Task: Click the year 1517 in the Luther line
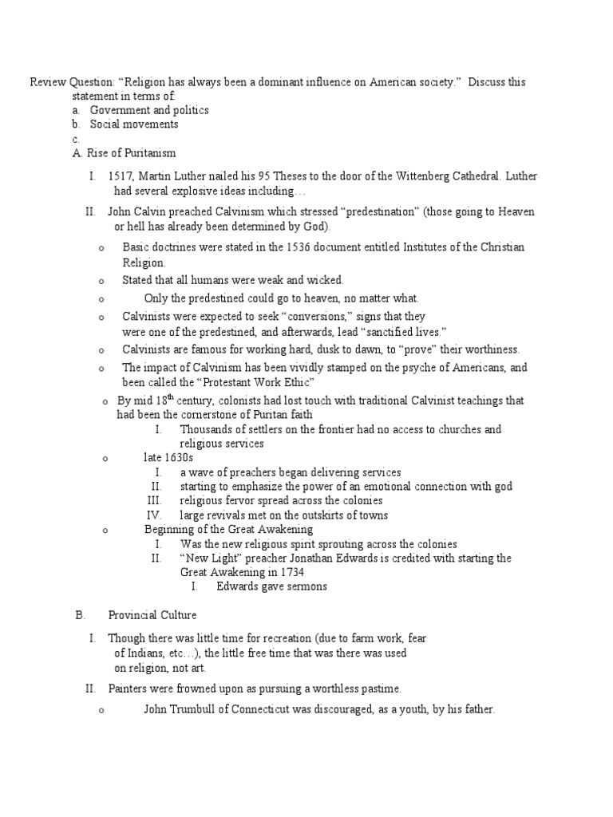121,176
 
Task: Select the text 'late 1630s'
168,458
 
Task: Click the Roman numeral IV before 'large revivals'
155,515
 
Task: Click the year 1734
290,572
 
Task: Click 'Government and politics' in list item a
149,110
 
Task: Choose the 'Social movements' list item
134,124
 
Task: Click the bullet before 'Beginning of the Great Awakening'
105,531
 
